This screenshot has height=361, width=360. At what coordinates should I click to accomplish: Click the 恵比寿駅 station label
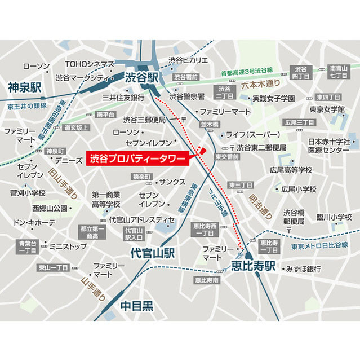pyautogui.click(x=253, y=266)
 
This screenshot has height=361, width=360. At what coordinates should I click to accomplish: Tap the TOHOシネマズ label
pyautogui.click(x=90, y=64)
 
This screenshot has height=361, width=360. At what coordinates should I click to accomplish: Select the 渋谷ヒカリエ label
pyautogui.click(x=189, y=60)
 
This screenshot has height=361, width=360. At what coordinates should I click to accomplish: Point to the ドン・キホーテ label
pyautogui.click(x=34, y=223)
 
